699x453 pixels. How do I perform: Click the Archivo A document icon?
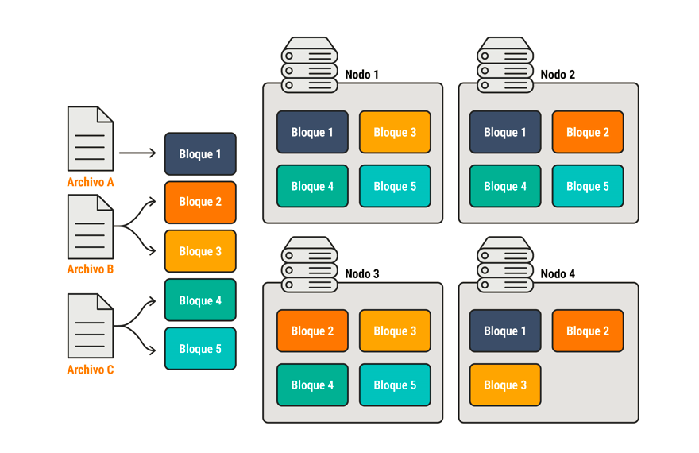tap(91, 139)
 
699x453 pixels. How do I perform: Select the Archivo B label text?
tap(91, 269)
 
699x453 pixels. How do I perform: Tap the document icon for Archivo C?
tap(91, 326)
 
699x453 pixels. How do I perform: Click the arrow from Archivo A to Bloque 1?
tap(137, 153)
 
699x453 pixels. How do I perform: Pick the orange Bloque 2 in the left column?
tap(200, 202)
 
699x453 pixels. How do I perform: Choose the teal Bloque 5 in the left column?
tap(200, 349)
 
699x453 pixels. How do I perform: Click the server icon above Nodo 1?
tap(310, 65)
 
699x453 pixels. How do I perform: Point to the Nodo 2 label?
tap(558, 75)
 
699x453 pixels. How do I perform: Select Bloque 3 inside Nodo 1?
tap(395, 132)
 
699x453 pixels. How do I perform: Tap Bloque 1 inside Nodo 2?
tap(505, 132)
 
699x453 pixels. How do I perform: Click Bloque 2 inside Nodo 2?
tap(588, 132)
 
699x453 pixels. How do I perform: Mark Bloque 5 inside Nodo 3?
tap(395, 385)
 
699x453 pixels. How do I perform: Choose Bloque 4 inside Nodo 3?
tap(312, 385)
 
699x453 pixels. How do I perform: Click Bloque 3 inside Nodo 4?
tap(505, 385)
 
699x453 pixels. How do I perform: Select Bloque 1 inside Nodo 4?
tap(505, 331)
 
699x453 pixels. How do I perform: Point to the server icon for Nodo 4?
tap(505, 264)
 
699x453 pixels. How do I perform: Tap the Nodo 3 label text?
tap(361, 273)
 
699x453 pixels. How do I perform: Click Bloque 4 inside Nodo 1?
tap(312, 186)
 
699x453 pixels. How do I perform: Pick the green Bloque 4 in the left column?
tap(200, 300)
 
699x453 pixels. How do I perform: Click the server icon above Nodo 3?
tap(310, 264)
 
